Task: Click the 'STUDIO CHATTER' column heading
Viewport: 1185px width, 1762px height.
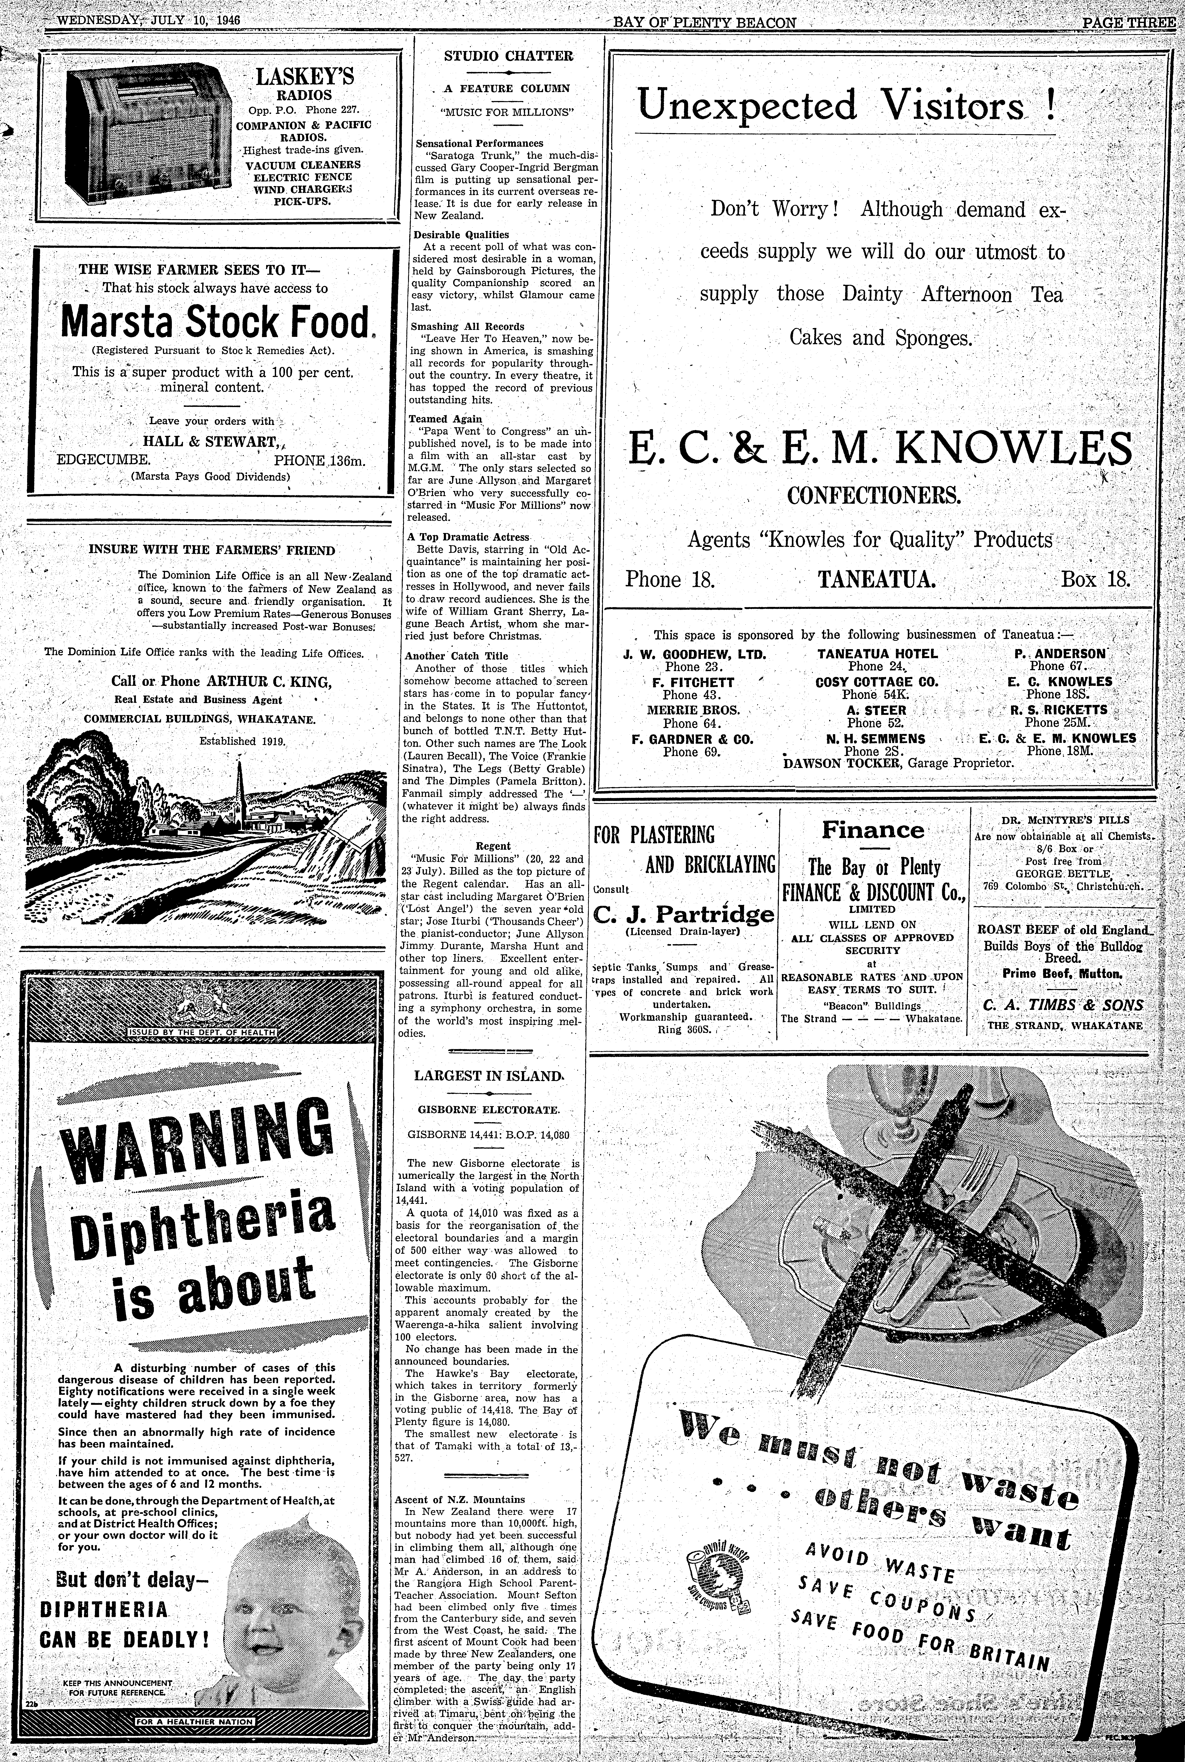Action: point(498,55)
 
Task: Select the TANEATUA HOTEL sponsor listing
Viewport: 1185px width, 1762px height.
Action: point(877,653)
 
